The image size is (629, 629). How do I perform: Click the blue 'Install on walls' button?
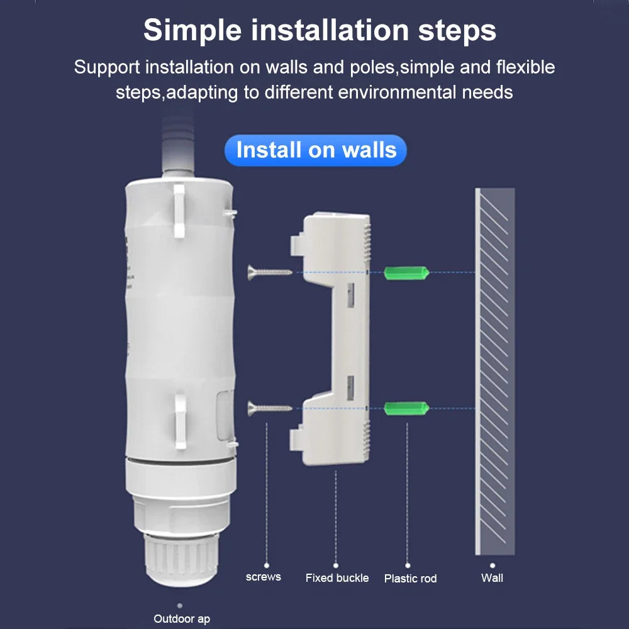316,150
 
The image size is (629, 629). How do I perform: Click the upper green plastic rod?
406,272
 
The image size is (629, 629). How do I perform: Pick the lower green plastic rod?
406,408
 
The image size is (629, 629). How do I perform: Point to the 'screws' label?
263,577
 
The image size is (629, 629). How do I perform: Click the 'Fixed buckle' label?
337,577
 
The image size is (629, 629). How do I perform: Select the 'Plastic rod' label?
410,578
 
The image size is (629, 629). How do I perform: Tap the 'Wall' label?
492,577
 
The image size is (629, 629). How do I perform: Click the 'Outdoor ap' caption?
182,619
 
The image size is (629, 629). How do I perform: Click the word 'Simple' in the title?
192,30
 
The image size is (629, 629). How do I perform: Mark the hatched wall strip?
495,371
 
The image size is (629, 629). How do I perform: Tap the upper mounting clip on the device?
179,211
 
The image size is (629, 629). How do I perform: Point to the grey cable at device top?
178,142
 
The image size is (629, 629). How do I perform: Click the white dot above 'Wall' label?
493,565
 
